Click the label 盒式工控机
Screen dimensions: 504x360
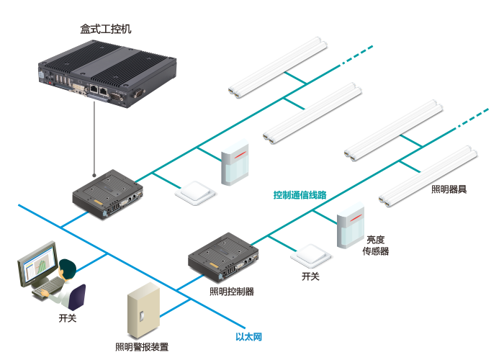(x=106, y=29)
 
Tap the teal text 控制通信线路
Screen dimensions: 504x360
(x=300, y=195)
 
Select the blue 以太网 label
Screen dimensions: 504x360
(x=249, y=336)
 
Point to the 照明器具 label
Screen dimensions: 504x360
(x=449, y=189)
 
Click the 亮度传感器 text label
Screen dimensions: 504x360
(x=376, y=246)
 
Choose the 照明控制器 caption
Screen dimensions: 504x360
(x=232, y=292)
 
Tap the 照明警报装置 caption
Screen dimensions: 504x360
(x=142, y=347)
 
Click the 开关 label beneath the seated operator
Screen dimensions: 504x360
(x=68, y=318)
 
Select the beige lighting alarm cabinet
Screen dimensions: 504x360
(x=143, y=310)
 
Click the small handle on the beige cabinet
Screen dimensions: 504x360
(x=141, y=315)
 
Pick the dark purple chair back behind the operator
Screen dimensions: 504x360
(x=77, y=297)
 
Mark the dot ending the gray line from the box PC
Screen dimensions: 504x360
(x=94, y=175)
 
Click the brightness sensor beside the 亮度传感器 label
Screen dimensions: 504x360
(x=351, y=225)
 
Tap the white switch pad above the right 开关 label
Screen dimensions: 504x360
(x=310, y=256)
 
